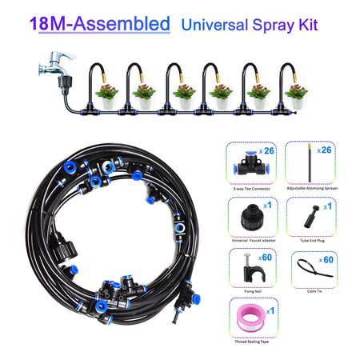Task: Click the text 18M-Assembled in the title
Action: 100,23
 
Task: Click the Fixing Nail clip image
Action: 242,265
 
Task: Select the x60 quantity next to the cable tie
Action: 327,259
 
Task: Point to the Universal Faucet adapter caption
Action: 250,238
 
